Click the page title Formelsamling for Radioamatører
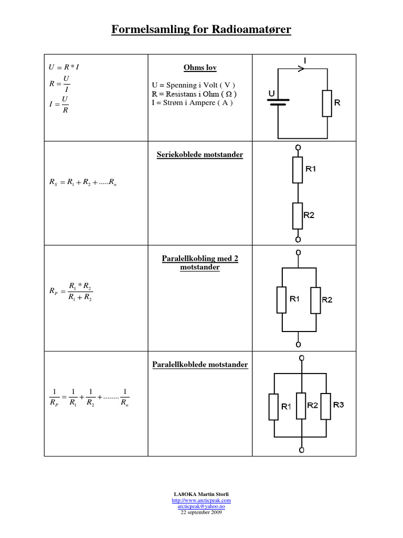click(201, 30)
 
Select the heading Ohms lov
click(200, 68)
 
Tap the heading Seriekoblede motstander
click(200, 155)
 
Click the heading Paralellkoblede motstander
click(200, 364)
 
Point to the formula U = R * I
click(63, 67)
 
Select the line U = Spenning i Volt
click(193, 85)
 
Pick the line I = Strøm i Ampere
click(192, 102)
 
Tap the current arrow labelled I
click(301, 68)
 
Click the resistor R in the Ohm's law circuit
click(327, 103)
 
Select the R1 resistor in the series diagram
click(298, 170)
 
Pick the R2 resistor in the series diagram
click(298, 215)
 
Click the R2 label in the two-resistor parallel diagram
click(327, 300)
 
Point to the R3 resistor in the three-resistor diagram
click(326, 406)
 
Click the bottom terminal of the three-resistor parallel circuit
click(301, 450)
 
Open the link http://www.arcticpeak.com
click(201, 501)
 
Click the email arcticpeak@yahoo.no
click(201, 506)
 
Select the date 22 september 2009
click(201, 512)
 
